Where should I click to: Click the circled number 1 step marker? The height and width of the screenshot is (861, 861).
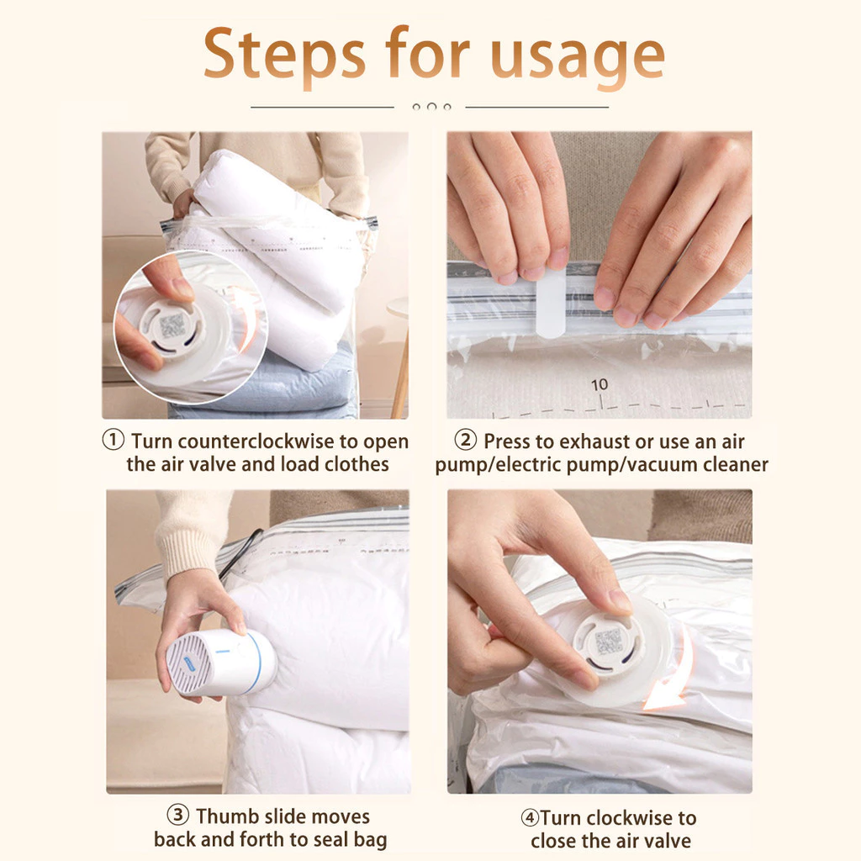click(x=114, y=441)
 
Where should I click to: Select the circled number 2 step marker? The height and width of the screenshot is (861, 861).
click(x=466, y=441)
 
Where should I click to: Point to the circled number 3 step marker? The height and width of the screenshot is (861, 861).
click(x=178, y=815)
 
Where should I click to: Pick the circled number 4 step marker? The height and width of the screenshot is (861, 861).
click(x=530, y=817)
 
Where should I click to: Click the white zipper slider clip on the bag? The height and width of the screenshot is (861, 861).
click(x=551, y=303)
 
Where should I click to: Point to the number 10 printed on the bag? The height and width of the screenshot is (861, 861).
click(x=600, y=384)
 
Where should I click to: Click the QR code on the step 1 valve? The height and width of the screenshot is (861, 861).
click(x=172, y=325)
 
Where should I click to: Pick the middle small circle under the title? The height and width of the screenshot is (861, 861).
click(x=431, y=107)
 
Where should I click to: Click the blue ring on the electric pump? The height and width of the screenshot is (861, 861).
click(x=256, y=663)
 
